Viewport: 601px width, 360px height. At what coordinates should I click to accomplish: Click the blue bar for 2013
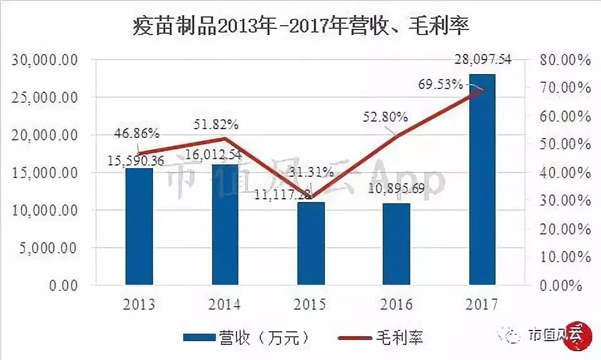tap(139, 226)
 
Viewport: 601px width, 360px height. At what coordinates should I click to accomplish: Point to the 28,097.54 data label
tap(482, 60)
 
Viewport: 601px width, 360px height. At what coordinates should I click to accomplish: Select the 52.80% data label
tap(385, 117)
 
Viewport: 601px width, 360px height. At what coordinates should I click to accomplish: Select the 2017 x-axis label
tap(482, 305)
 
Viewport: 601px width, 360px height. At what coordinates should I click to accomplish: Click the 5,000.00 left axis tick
tap(49, 248)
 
